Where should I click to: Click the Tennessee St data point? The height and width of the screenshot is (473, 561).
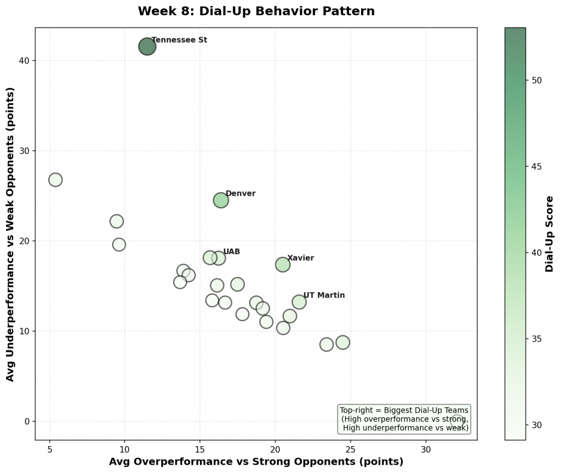[147, 47]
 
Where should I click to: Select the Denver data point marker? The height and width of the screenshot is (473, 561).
[221, 200]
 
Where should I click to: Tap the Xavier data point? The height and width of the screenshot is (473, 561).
[282, 264]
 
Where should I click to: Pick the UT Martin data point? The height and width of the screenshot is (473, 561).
[299, 302]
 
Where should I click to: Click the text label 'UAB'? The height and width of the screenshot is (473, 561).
[231, 252]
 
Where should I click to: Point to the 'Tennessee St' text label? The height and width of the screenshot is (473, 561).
[179, 40]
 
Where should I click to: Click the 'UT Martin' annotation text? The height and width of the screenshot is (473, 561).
[324, 295]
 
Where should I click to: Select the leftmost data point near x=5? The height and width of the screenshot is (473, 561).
[55, 180]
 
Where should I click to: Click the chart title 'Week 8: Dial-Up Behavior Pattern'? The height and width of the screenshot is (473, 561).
[256, 11]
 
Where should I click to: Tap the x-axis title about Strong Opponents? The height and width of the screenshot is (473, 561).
[256, 461]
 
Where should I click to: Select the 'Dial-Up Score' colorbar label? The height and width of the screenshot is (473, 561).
[549, 234]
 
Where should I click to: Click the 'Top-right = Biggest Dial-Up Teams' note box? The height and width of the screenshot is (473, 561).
[404, 419]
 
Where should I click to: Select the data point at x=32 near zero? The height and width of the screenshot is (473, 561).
[457, 421]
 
